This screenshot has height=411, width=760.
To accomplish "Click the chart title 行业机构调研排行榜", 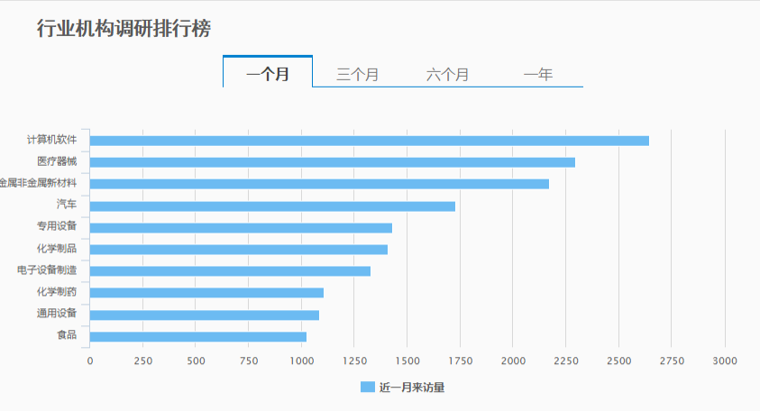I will (124, 29).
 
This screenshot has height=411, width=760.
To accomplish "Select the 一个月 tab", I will (268, 74).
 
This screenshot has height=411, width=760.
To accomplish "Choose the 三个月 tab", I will (357, 74).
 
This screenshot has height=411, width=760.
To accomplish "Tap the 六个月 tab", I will (447, 74).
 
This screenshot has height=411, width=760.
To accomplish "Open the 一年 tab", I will (537, 74).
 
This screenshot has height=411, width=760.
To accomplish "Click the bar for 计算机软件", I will (369, 141).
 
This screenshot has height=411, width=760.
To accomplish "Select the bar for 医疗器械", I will (332, 162).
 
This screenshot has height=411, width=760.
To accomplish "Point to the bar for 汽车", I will (272, 206).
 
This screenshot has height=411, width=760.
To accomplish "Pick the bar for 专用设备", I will (241, 228).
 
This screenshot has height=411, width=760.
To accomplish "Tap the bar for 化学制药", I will (206, 293).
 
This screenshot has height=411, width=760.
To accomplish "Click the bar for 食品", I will (198, 337).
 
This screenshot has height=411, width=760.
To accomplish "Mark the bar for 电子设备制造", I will (230, 271).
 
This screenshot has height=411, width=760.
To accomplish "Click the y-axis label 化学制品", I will (56, 249).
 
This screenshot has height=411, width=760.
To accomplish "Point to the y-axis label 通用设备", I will (56, 314).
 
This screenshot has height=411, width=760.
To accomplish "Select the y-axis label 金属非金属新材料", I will (40, 183).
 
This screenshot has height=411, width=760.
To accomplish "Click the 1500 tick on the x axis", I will (407, 361).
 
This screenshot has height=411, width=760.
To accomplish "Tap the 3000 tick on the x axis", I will (725, 361).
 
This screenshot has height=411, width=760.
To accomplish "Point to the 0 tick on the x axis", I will (89, 361).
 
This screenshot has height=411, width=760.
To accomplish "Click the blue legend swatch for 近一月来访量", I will (367, 388).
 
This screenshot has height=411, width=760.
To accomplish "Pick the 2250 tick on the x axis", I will (565, 361).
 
